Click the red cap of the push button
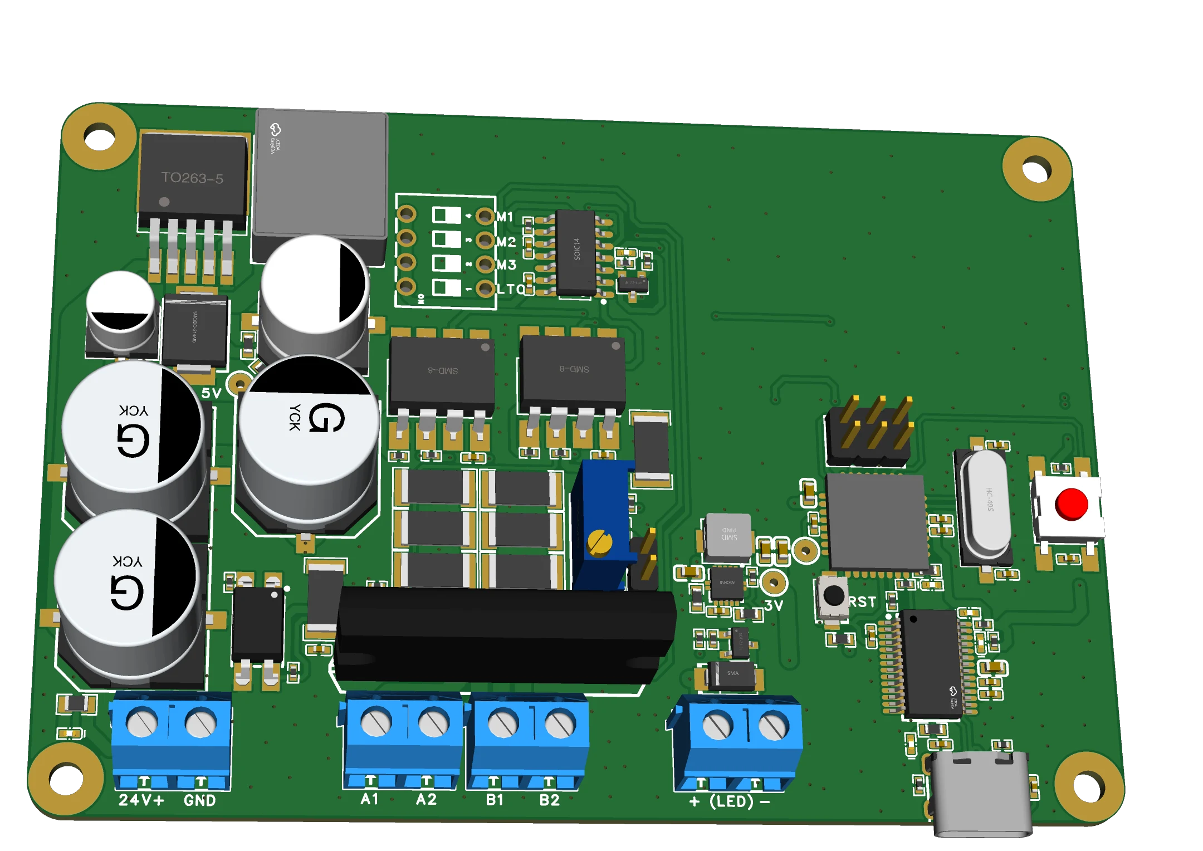click(x=1070, y=504)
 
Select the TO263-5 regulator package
click(x=192, y=178)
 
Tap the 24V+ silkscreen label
click(x=141, y=800)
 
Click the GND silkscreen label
click(x=199, y=800)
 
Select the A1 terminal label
click(x=369, y=799)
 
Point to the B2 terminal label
click(x=549, y=800)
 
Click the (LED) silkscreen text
click(x=731, y=801)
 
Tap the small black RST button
click(x=833, y=595)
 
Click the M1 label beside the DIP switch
click(x=505, y=217)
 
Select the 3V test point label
click(x=773, y=605)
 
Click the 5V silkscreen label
click(x=211, y=393)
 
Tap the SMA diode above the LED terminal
click(x=732, y=675)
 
